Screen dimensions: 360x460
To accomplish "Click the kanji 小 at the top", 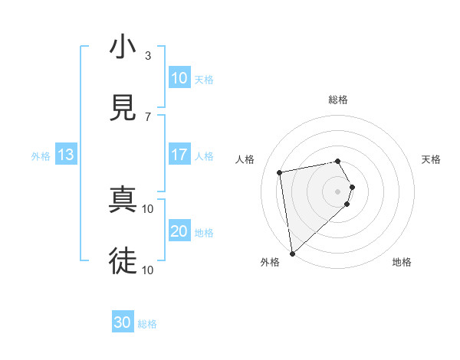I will click(123, 47).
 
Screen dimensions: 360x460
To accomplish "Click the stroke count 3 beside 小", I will click(148, 56).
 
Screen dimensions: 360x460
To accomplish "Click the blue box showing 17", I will click(179, 155).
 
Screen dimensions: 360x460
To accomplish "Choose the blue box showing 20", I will click(179, 231).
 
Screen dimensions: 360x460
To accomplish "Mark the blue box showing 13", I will click(66, 155).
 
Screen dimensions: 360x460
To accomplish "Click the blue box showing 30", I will click(123, 322).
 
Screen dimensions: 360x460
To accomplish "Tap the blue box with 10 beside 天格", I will click(179, 78).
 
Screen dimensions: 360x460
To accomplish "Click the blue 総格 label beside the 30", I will click(147, 324).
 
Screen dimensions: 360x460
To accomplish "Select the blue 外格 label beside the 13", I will click(41, 156).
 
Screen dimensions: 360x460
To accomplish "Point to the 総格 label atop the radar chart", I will click(338, 100).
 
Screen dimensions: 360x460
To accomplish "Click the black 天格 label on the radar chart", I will click(432, 159).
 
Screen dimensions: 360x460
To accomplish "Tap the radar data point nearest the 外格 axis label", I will click(291, 253).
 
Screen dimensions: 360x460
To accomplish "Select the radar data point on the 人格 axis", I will click(280, 172).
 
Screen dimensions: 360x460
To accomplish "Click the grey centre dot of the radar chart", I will click(338, 191).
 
